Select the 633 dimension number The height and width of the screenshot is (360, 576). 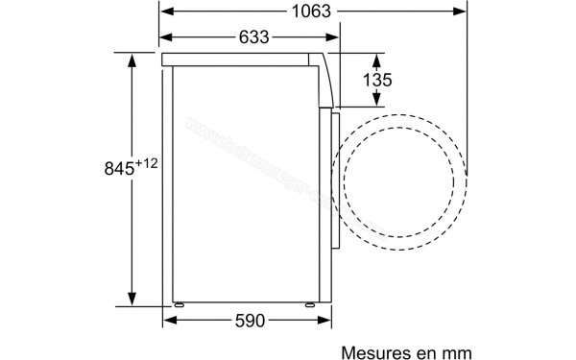point(249,36)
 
